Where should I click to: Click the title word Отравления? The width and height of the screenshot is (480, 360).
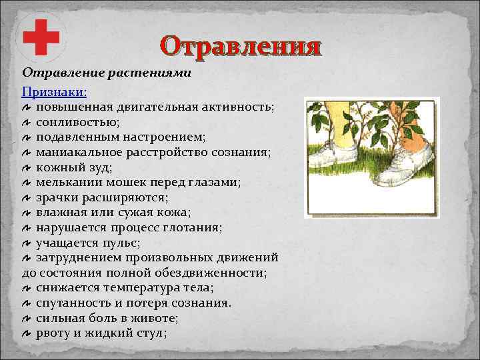click(x=241, y=47)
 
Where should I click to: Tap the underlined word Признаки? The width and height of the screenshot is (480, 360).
click(x=58, y=92)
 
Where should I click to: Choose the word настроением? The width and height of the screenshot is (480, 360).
click(x=161, y=137)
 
